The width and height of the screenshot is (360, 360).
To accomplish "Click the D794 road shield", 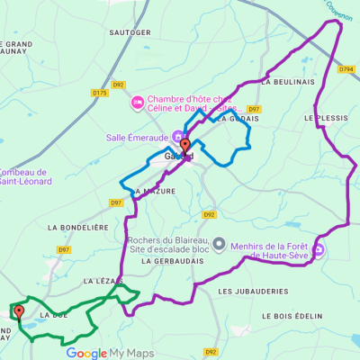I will pyautogui.click(x=347, y=68).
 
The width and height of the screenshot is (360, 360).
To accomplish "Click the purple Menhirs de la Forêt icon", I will pyautogui.click(x=319, y=249).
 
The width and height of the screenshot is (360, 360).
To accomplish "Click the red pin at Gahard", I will pyautogui.click(x=184, y=146).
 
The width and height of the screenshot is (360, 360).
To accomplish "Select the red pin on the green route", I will pyautogui.click(x=17, y=312).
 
